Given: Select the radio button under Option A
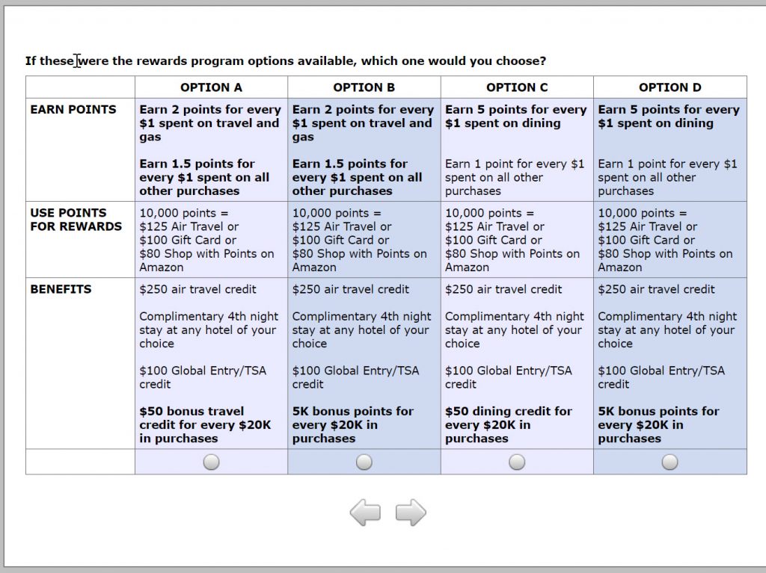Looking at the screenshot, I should (212, 462).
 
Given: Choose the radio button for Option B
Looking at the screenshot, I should (364, 462).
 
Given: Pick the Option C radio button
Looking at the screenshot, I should (517, 462).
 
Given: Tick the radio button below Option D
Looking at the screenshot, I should (670, 462).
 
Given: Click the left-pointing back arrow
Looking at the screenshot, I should (365, 513).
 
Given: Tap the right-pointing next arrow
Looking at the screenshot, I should (411, 513).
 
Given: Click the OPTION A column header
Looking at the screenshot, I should (211, 87).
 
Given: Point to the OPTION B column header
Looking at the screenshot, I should (364, 87).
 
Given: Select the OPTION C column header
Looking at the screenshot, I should (517, 87).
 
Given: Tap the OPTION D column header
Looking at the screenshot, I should (670, 87).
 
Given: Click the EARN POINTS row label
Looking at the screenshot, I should (73, 110).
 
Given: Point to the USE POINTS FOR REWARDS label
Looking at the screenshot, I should (76, 220).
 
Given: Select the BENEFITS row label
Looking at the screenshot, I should (61, 289).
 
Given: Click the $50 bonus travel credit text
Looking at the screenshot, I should (205, 425).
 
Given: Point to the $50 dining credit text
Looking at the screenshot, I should (508, 425).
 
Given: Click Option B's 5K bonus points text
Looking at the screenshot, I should (352, 425).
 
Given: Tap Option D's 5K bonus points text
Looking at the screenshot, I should (658, 425).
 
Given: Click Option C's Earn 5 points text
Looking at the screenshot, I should (515, 117).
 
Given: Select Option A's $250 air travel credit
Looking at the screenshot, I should (197, 289).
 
